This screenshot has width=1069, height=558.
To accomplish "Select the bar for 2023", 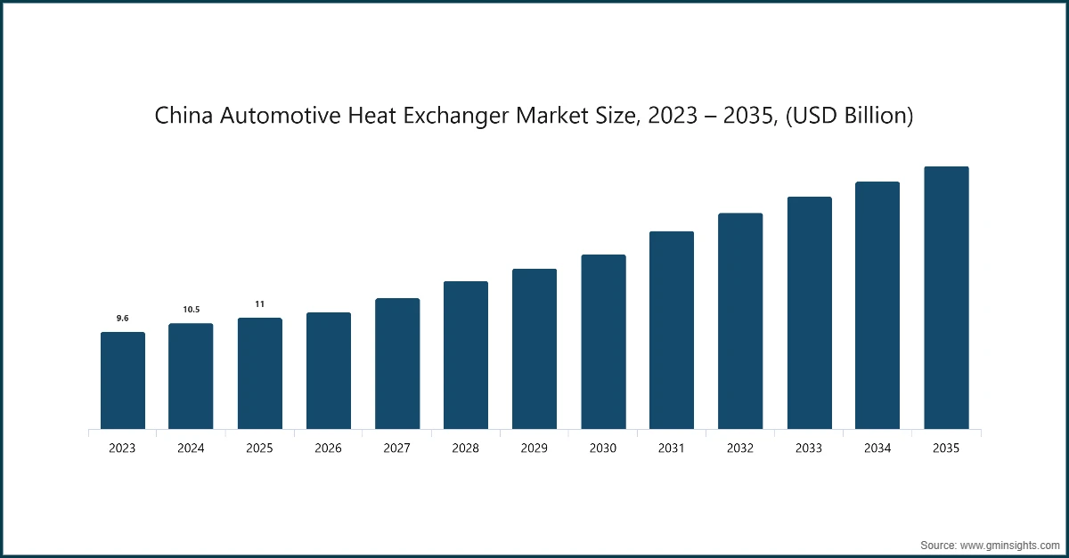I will [x=122, y=381].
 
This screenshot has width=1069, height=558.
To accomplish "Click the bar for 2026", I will [x=328, y=371].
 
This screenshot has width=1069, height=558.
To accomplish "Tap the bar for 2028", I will [x=466, y=355].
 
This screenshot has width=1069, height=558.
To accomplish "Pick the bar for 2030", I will [x=603, y=342].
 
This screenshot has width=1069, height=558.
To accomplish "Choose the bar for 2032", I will [x=740, y=321].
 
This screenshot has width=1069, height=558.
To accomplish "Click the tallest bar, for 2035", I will [x=946, y=298].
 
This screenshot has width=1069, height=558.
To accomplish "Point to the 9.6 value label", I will [x=122, y=318].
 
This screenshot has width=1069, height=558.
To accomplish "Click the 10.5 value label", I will [x=191, y=309].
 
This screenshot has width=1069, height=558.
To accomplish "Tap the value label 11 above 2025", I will [x=259, y=303].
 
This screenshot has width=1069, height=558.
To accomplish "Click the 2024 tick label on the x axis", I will [x=191, y=449].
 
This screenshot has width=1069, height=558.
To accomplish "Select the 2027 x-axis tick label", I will [x=396, y=449].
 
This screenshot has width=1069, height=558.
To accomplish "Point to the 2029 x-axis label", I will [x=534, y=449].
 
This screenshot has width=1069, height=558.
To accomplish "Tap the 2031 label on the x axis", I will [x=672, y=449].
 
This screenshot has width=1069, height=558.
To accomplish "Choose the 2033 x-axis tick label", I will [x=809, y=449].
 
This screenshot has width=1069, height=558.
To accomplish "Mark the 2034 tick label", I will [x=877, y=449].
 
